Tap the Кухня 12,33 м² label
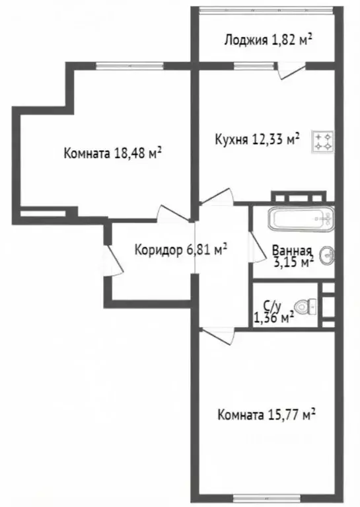click(x=257, y=139)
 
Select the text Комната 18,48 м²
click(x=113, y=153)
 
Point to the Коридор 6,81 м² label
click(x=180, y=249)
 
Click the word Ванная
click(x=292, y=251)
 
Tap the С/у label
click(x=271, y=305)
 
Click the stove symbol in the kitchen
click(x=324, y=141)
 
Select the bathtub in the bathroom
click(x=301, y=219)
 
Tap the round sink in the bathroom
click(x=327, y=254)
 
